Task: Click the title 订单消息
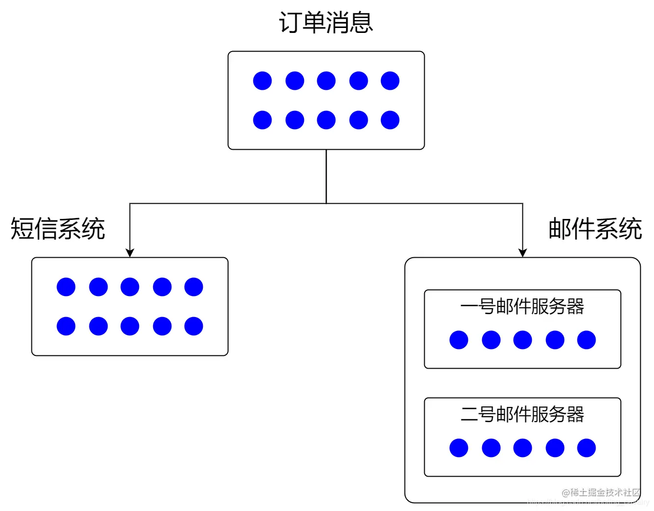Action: [x=326, y=23]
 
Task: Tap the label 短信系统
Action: [x=58, y=229]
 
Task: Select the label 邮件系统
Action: [x=595, y=229]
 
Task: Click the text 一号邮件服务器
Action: [x=522, y=306]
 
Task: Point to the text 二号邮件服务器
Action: [x=522, y=414]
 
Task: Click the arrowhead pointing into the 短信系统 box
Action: [x=130, y=253]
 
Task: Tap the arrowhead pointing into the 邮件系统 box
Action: [x=522, y=253]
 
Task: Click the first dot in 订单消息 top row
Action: [x=262, y=81]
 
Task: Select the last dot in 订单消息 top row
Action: [x=390, y=81]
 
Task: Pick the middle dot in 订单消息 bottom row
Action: [x=326, y=120]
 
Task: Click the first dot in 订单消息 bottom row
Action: [x=262, y=120]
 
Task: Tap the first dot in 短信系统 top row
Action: [x=66, y=287]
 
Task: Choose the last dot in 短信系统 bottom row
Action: [x=193, y=326]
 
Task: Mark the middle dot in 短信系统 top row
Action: [x=130, y=287]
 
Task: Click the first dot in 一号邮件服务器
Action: [x=459, y=340]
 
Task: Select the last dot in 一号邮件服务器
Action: [x=586, y=340]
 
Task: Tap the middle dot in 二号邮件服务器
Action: [x=522, y=448]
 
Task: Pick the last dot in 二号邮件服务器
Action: [x=586, y=448]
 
